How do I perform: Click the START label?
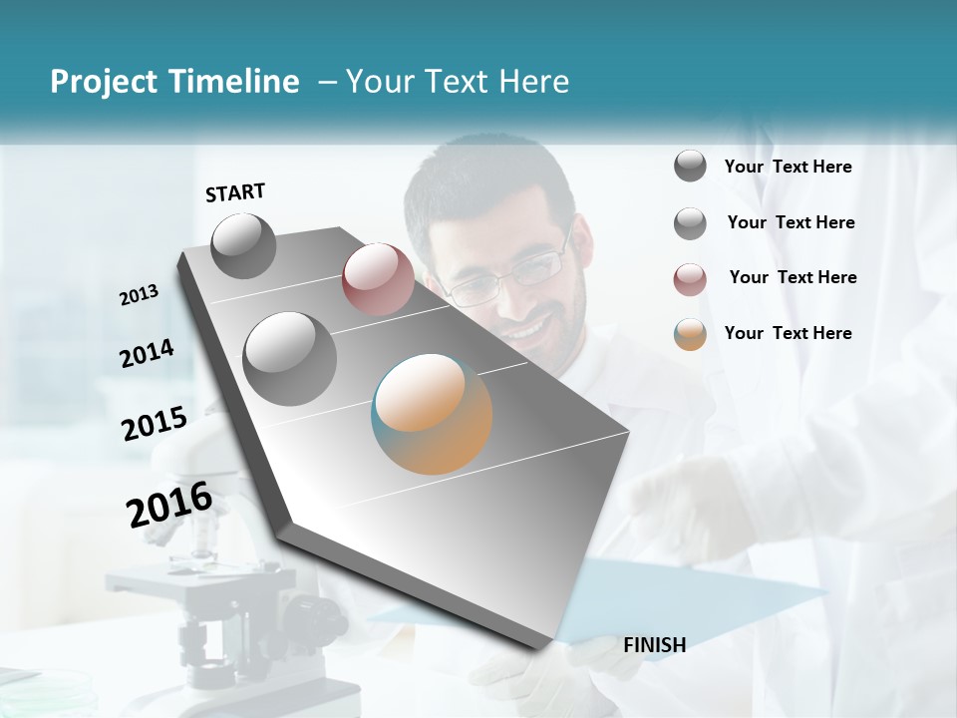(235, 191)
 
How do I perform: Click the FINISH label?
(654, 645)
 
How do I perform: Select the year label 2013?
(140, 295)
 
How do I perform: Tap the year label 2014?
(148, 354)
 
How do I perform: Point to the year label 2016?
(169, 505)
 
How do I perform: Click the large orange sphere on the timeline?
(432, 414)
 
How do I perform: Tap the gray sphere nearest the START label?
(243, 245)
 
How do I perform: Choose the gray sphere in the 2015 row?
(290, 358)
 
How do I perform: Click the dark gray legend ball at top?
(690, 167)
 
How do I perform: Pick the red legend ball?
(690, 279)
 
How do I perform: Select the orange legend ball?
(690, 334)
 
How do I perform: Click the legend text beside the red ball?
(793, 277)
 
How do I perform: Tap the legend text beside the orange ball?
(788, 333)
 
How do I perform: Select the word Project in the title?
(102, 82)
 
